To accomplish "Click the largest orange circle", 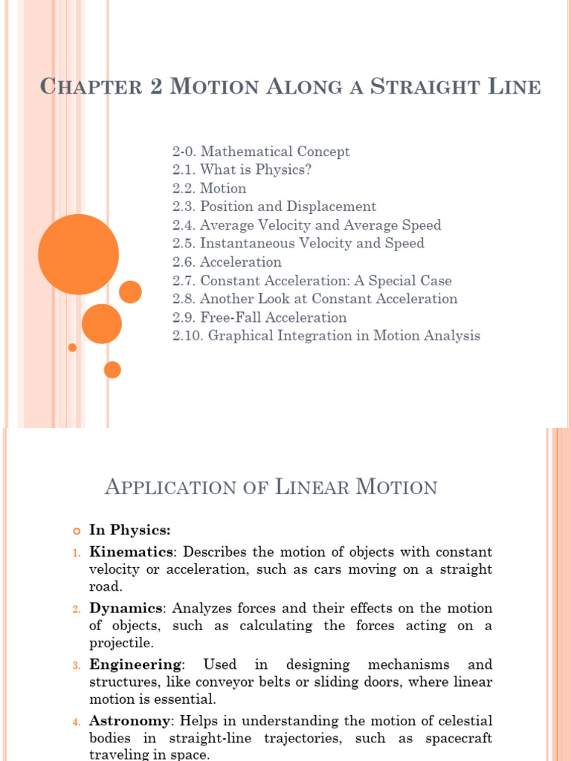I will coord(78,254).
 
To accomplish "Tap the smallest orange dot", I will coord(72,347).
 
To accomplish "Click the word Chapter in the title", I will coord(91,87).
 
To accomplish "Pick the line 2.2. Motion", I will coord(209,188).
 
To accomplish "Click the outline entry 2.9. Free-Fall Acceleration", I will coord(259,317).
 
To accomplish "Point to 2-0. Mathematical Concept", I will coord(261,152).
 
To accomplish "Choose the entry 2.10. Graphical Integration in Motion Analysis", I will coord(326,335).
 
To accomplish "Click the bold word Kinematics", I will coord(132,552).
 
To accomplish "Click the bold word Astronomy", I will coord(130,721).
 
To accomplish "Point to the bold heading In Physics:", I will coord(130,530).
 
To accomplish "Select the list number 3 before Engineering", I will coord(76,665).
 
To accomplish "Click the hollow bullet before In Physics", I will coord(75,531).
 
